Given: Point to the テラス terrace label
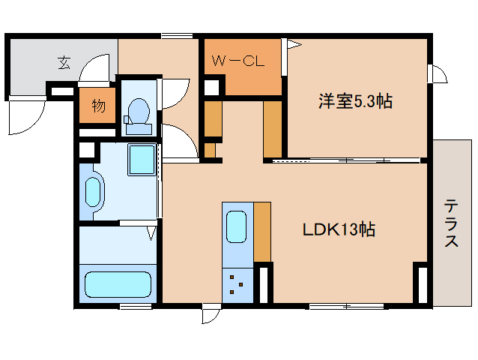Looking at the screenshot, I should click(x=452, y=223).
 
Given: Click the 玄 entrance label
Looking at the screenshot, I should click(x=64, y=63).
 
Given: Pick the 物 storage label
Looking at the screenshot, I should click(x=98, y=105).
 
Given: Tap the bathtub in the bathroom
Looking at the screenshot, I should click(x=118, y=285).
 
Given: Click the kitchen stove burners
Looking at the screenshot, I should click(x=237, y=284).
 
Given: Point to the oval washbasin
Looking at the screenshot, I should click(x=93, y=192).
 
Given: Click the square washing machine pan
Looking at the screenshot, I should click(x=141, y=159).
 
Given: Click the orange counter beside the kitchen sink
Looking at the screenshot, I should click(x=262, y=231).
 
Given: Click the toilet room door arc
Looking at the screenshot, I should click(x=177, y=94).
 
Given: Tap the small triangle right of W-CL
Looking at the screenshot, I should click(x=294, y=45).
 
